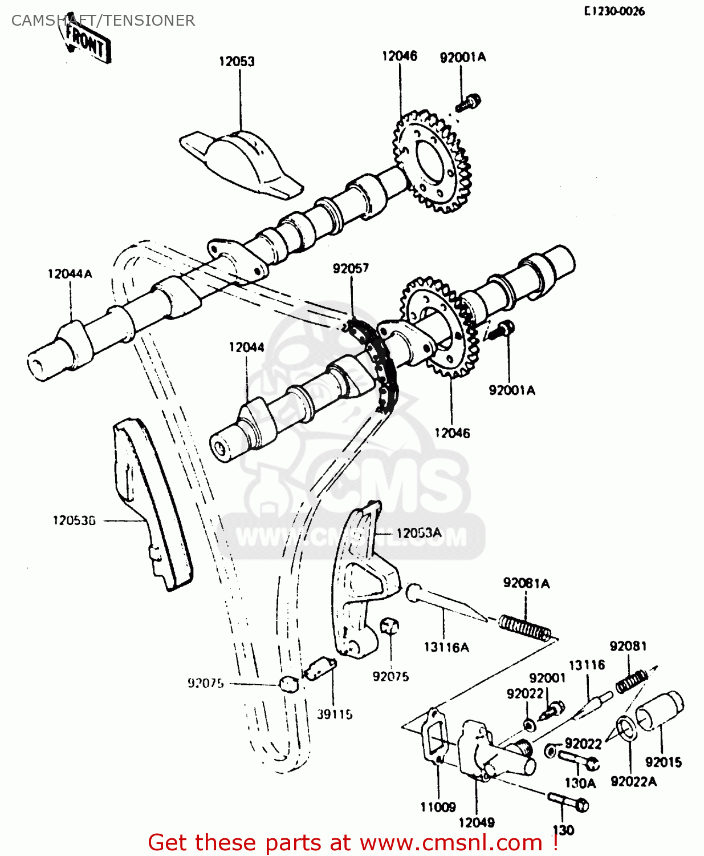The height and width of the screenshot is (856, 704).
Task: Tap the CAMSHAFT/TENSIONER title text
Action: (103, 21)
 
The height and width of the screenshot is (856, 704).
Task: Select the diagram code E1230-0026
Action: (614, 11)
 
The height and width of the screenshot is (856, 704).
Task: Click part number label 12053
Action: (237, 61)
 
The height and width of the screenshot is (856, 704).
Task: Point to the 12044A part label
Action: (70, 274)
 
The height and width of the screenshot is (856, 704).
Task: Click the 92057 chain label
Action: (351, 268)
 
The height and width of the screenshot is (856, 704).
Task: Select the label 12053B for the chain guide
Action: (74, 520)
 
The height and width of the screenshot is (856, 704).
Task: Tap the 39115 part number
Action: (335, 714)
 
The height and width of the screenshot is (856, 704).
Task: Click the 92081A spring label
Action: (526, 583)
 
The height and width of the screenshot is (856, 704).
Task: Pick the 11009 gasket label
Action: (438, 807)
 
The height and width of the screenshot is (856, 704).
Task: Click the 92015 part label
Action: (663, 762)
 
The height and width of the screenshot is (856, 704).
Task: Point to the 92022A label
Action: (633, 781)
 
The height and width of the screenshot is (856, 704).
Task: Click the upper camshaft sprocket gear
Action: (432, 162)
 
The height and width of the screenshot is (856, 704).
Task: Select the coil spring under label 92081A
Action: (524, 627)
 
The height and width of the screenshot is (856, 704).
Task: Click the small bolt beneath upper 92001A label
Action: (469, 103)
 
